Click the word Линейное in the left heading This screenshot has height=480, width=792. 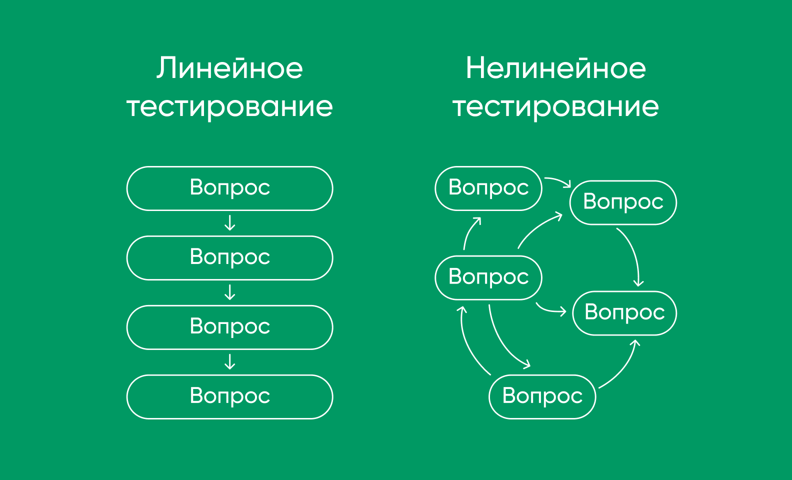[230, 68]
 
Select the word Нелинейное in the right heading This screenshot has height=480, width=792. [556, 68]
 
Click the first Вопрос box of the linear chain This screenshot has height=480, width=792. [230, 188]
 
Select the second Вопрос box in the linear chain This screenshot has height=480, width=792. [230, 258]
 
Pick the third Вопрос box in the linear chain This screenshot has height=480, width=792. [230, 327]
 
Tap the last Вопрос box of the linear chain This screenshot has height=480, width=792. [230, 397]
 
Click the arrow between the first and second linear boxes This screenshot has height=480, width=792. [230, 223]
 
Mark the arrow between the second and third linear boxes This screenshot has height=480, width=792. [230, 292]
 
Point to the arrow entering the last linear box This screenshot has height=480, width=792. [230, 362]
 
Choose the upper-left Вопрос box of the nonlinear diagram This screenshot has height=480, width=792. [488, 188]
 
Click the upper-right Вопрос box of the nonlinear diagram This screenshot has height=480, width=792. [623, 202]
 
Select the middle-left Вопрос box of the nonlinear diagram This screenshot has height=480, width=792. [488, 278]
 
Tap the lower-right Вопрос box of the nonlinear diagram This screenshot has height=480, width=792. [624, 313]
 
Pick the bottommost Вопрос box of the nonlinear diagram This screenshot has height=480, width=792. [542, 397]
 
